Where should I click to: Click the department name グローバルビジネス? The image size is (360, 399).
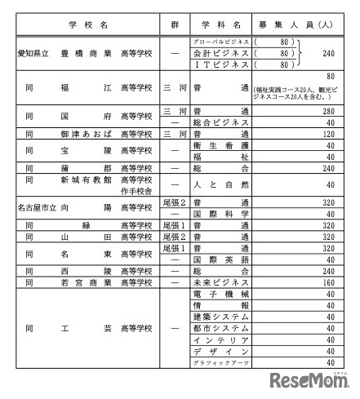point(220,39)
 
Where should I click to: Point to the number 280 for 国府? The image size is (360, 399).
point(330,110)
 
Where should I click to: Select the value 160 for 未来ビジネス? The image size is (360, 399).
point(330,282)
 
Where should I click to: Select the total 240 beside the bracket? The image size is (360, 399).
point(330,51)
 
